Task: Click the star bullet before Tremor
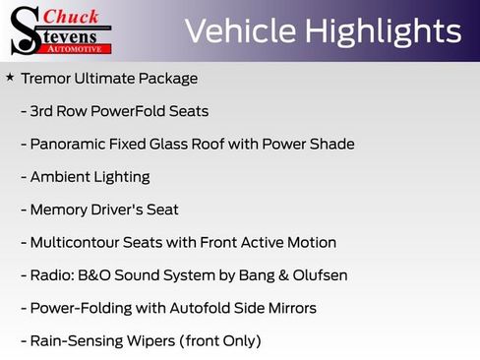pos(10,77)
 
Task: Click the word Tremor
pos(44,79)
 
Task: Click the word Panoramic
pos(69,144)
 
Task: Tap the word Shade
pos(331,144)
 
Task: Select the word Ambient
pos(61,177)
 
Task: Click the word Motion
pos(310,242)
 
